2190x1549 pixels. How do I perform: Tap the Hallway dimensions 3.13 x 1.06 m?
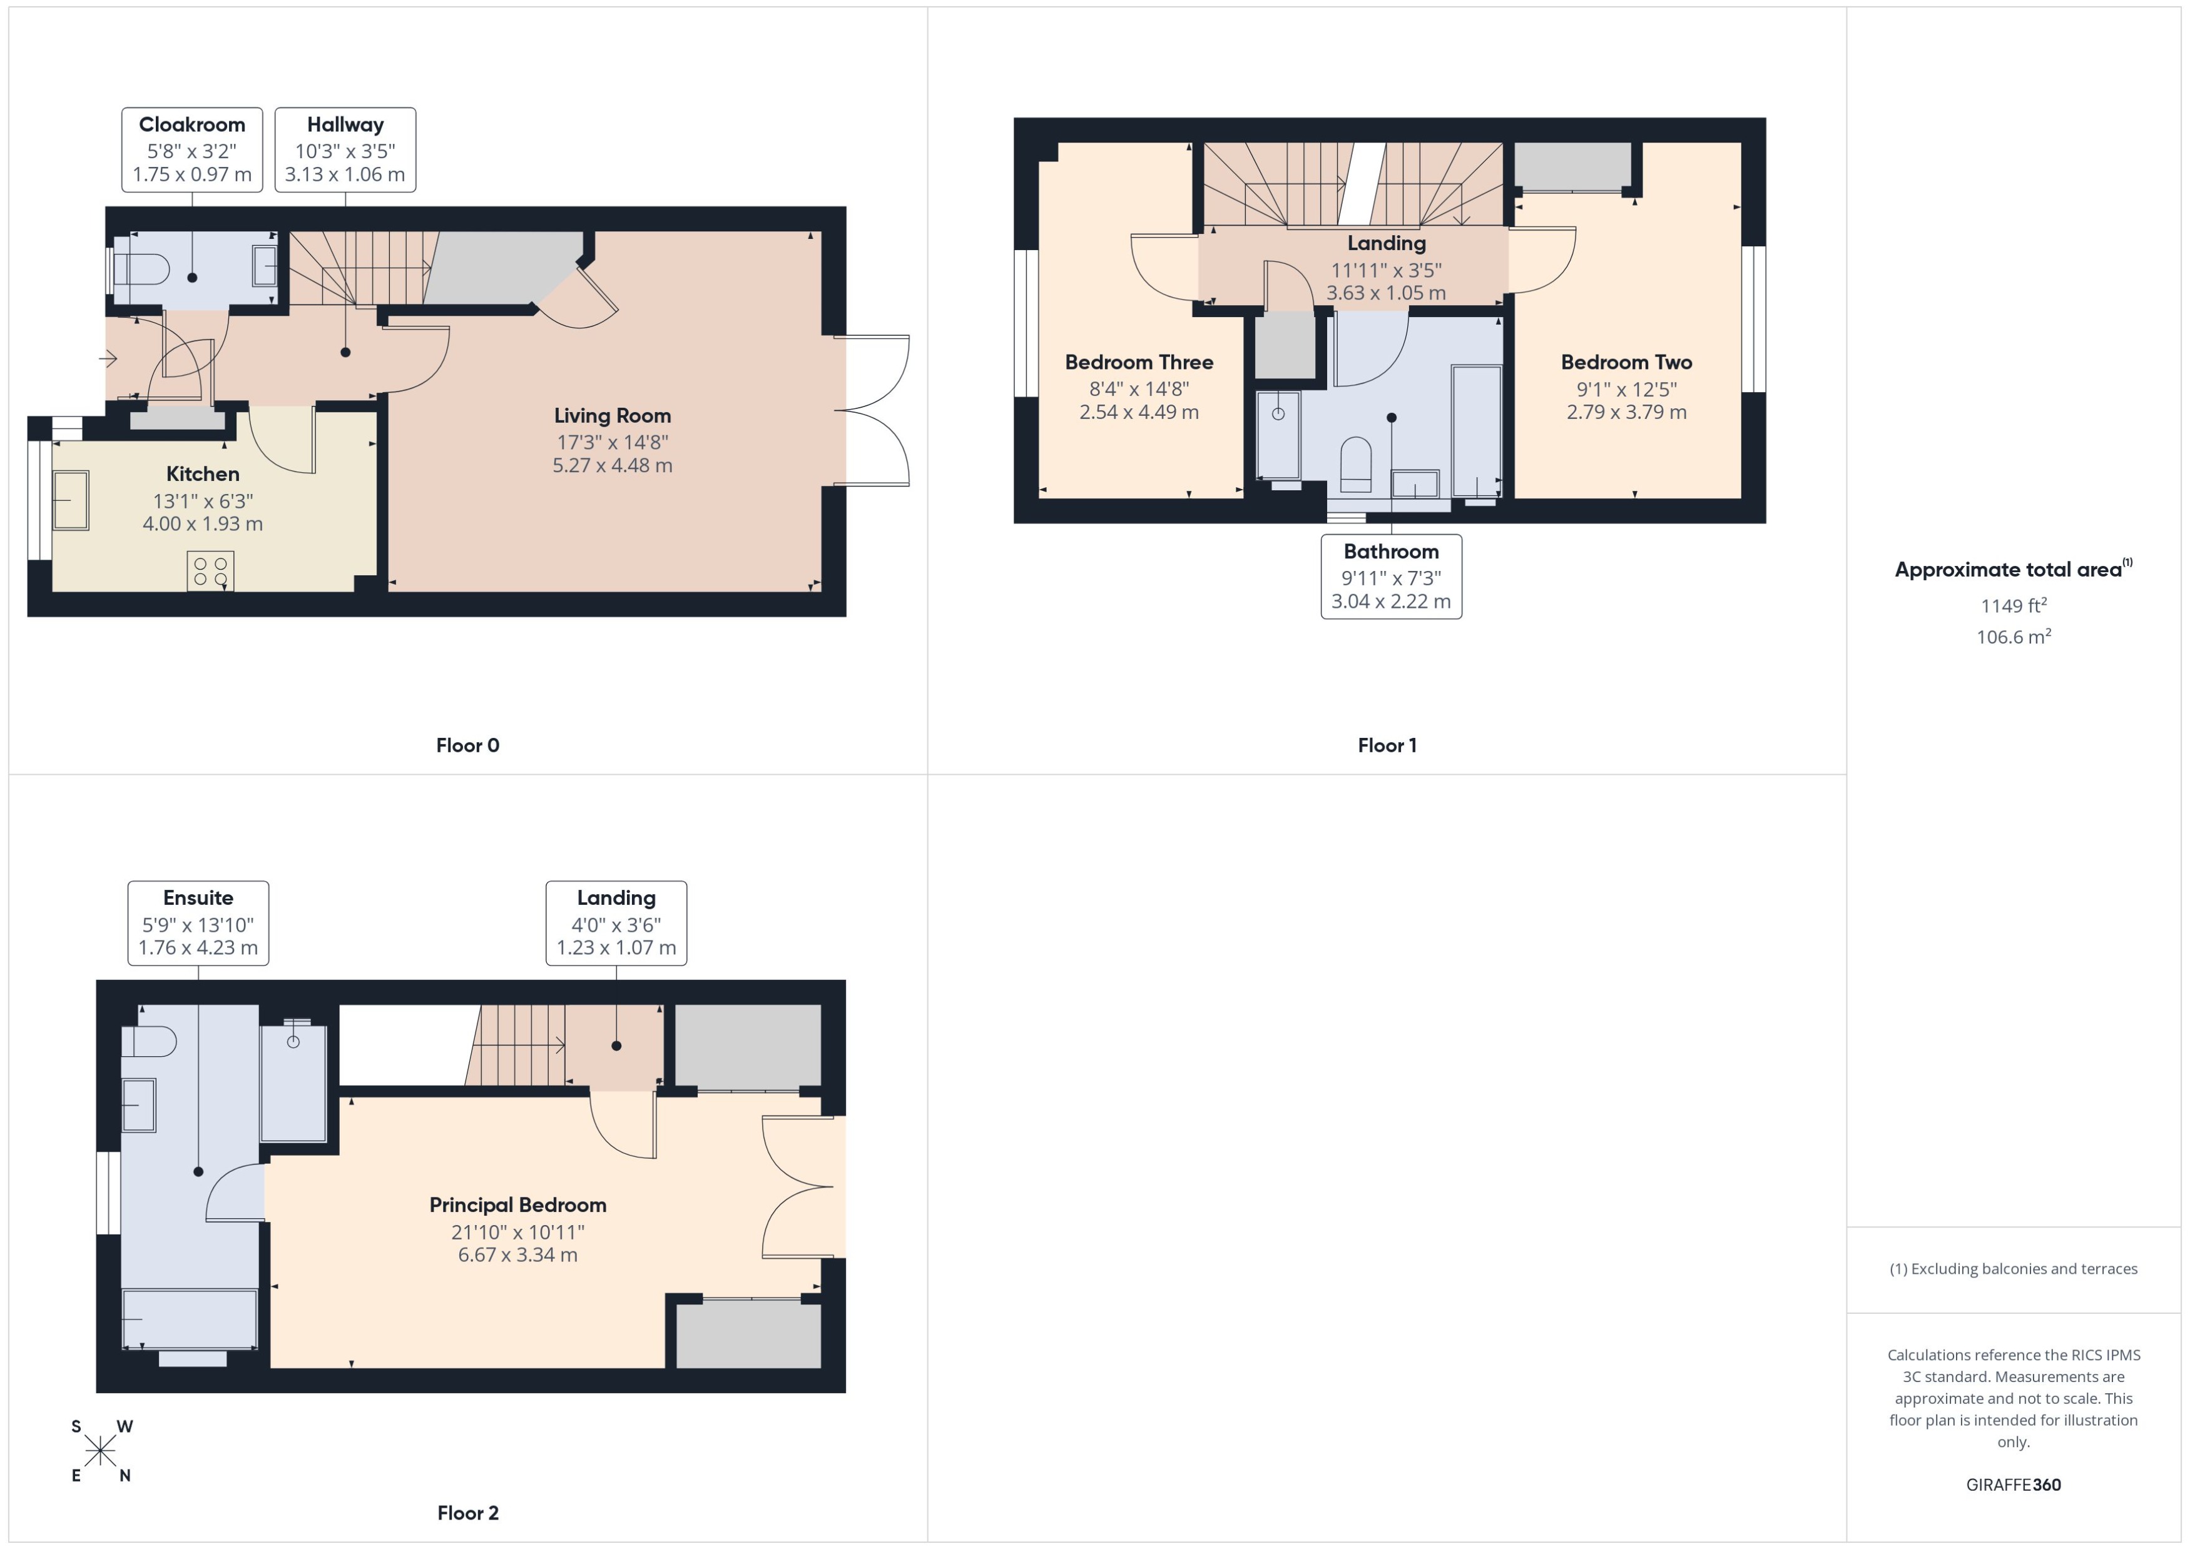tap(345, 174)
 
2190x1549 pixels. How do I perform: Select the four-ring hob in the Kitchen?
tap(210, 570)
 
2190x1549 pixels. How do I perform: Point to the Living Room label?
tap(612, 416)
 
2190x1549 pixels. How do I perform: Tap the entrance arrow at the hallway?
tap(108, 358)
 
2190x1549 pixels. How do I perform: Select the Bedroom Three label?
tap(1138, 363)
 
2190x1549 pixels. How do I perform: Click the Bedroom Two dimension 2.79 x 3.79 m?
tap(1626, 412)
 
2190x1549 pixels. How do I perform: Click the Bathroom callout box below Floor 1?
tap(1390, 576)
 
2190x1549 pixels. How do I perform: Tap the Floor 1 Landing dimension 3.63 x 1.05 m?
tap(1385, 293)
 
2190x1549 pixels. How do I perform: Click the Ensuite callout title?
tap(198, 897)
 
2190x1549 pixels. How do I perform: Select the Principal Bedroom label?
tap(517, 1204)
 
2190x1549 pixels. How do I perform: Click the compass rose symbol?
tap(100, 1451)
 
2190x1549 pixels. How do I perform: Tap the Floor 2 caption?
tap(467, 1513)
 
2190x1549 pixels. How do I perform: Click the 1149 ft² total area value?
tap(2012, 606)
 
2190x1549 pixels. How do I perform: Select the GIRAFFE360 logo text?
tap(2012, 1485)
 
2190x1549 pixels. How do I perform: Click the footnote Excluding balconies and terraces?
tap(2012, 1269)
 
